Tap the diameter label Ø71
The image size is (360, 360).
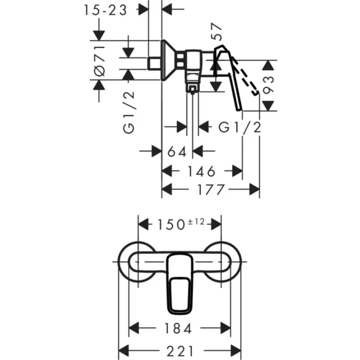[x=100, y=61]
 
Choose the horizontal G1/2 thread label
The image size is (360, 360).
[x=240, y=127]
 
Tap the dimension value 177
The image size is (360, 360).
[x=211, y=190]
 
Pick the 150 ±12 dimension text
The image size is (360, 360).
[x=180, y=224]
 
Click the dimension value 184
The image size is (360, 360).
[x=179, y=328]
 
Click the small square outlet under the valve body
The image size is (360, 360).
[x=192, y=89]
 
